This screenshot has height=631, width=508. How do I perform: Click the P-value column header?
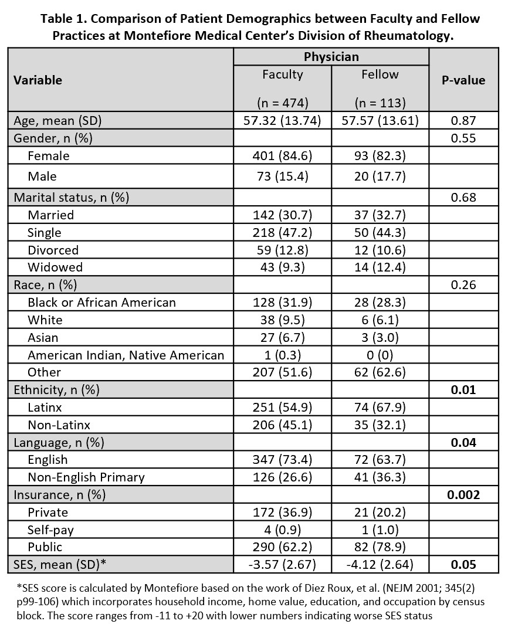[x=463, y=80]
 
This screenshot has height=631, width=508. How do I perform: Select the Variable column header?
[x=38, y=80]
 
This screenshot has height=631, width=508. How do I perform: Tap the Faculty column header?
[x=282, y=74]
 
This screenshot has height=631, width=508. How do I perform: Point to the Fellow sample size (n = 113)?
[x=380, y=103]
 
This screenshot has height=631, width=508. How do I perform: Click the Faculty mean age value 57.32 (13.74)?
[x=282, y=121]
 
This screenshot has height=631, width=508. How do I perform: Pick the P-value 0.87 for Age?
[x=463, y=121]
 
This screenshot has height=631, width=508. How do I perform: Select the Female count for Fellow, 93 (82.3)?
[x=380, y=156]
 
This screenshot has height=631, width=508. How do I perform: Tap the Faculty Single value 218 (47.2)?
[x=282, y=232]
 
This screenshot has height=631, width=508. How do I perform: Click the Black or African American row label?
[x=101, y=303]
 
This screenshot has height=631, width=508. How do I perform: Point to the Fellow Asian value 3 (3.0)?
[x=380, y=337]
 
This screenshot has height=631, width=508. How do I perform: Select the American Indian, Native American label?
[x=126, y=355]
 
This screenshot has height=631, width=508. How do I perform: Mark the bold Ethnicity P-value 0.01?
[x=463, y=390]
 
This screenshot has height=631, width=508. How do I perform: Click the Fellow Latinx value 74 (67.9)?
[x=380, y=408]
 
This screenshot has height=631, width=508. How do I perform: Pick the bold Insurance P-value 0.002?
[x=463, y=495]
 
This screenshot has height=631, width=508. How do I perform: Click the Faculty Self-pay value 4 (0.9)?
[x=282, y=530]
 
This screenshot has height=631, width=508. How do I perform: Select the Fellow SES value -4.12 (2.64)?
[x=380, y=565]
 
